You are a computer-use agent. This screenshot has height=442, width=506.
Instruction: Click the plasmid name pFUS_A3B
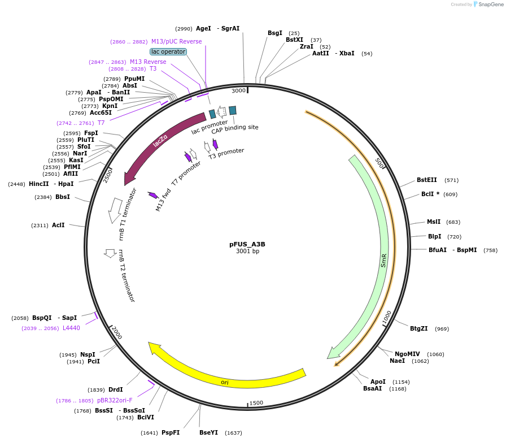click(247, 244)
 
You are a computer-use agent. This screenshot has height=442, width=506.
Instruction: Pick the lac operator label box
click(168, 51)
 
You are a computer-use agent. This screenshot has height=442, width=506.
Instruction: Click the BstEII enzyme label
click(426, 180)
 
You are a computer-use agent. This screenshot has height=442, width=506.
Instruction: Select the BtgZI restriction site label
click(418, 328)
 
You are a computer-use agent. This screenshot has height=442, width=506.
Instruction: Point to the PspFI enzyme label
click(171, 432)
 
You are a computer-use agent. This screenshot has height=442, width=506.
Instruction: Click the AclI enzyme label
click(58, 225)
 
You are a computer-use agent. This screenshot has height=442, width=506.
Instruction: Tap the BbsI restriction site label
click(63, 197)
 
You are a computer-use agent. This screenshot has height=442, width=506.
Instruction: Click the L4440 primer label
click(71, 328)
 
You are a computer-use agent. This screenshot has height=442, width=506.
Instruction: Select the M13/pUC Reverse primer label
click(176, 41)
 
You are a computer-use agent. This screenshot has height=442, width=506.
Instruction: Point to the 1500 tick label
click(256, 402)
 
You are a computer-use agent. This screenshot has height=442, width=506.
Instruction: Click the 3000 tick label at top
click(239, 90)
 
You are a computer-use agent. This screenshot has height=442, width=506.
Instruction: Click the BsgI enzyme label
click(275, 33)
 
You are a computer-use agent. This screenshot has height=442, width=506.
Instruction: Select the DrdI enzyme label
click(115, 389)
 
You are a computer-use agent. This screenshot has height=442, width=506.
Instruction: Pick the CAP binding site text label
click(235, 127)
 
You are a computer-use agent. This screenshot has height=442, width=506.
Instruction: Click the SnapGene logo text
click(490, 5)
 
